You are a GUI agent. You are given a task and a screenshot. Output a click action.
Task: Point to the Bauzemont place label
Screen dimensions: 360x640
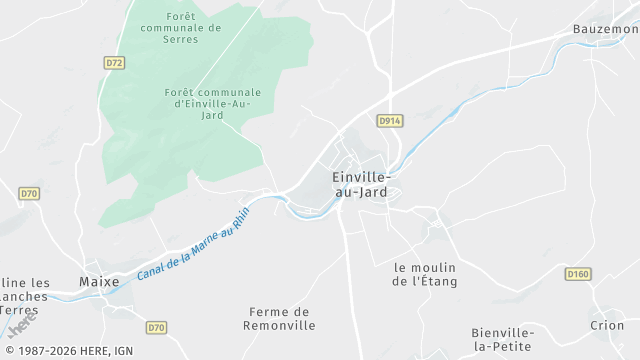[x=606, y=29]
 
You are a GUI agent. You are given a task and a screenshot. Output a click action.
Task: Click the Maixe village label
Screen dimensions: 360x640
[x=99, y=282]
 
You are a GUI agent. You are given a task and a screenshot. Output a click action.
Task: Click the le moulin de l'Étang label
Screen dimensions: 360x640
[x=425, y=274]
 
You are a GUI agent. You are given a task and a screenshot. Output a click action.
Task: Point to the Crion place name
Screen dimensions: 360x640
[x=606, y=325]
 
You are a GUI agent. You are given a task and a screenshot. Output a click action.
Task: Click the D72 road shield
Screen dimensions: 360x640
[x=115, y=62]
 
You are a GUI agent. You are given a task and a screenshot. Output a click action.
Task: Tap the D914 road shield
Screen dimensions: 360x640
[x=390, y=120]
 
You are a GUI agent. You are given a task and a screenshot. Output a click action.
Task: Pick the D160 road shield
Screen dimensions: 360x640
[x=577, y=274]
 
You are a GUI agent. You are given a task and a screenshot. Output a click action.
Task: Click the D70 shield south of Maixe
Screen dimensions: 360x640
[x=156, y=327]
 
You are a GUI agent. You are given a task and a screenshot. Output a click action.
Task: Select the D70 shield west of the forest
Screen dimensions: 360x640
[x=29, y=193]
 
